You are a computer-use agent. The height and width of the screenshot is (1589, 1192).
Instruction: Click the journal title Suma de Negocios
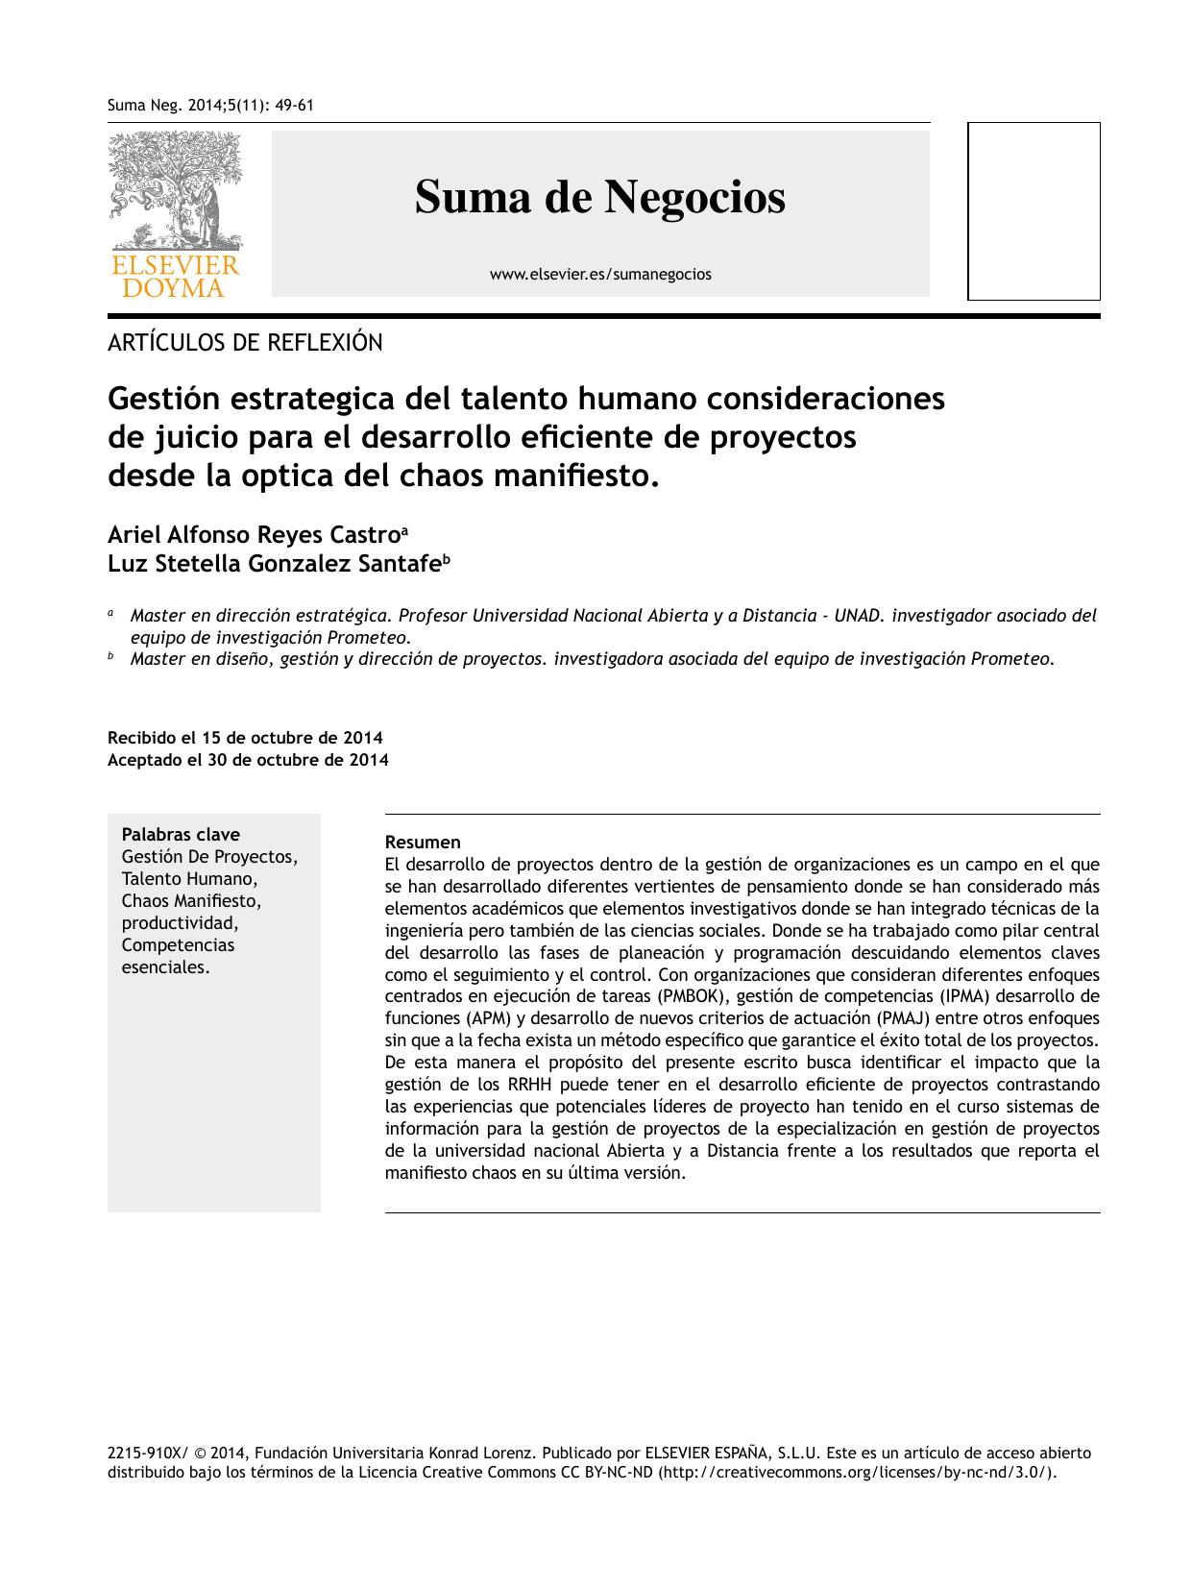click(599, 198)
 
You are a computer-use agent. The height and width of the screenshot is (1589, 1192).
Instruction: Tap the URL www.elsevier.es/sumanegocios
click(600, 275)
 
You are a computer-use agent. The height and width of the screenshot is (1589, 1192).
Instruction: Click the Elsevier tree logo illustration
click(175, 190)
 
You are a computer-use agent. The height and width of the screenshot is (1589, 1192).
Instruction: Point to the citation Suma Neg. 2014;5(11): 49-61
click(210, 105)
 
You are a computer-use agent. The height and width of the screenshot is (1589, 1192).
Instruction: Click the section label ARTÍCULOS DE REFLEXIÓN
click(245, 343)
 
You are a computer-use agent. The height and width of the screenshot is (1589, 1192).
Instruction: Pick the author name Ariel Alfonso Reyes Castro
click(254, 535)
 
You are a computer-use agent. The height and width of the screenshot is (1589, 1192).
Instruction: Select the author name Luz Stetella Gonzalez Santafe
click(274, 565)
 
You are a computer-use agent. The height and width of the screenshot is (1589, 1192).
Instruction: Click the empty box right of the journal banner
click(1033, 211)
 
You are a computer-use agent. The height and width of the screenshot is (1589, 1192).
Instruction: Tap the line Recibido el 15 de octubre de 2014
click(245, 738)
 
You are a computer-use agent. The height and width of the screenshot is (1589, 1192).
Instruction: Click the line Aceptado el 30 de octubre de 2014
click(248, 760)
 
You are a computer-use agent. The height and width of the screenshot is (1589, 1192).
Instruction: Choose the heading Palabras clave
click(181, 835)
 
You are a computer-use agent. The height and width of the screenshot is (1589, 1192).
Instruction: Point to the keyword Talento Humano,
click(189, 879)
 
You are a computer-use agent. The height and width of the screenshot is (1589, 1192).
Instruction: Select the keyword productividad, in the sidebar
click(180, 923)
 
